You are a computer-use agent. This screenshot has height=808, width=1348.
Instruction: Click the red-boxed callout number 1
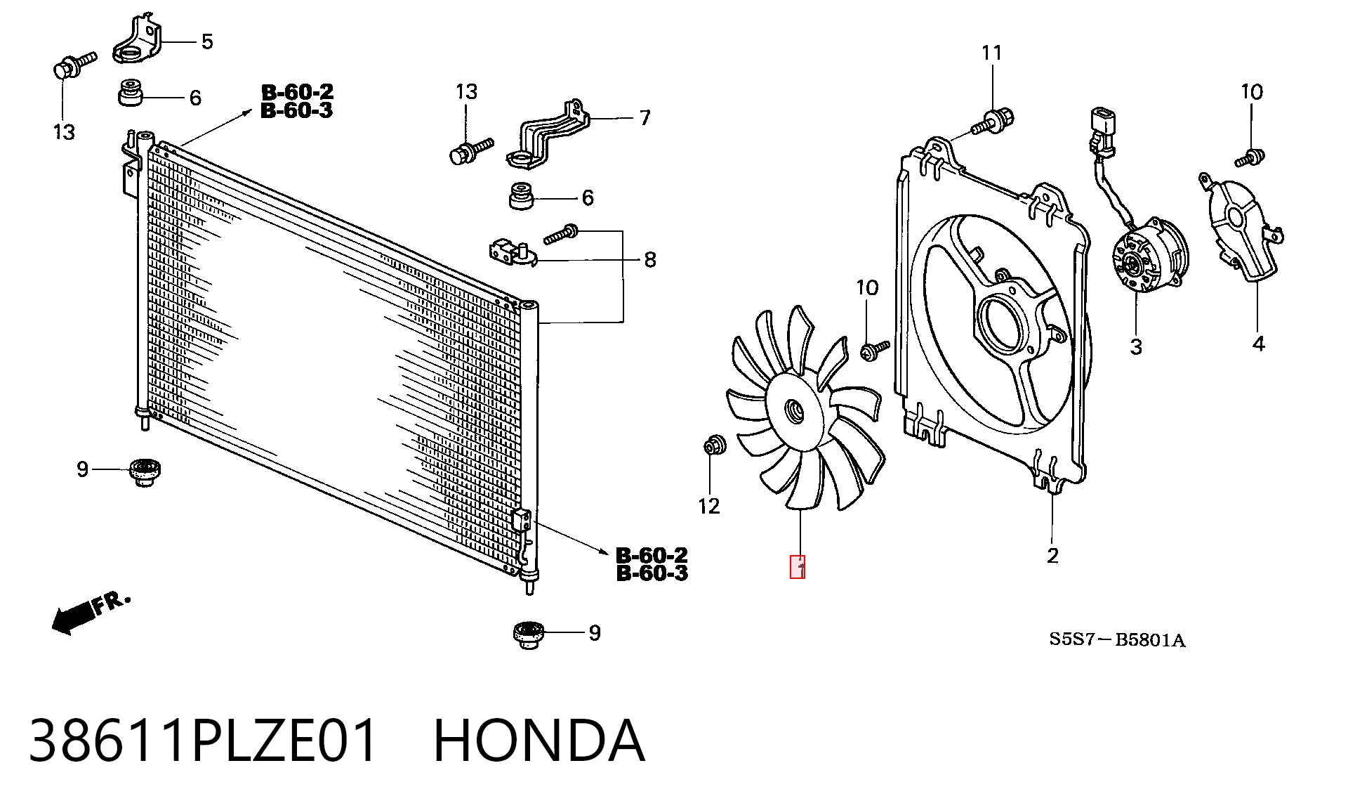point(798,567)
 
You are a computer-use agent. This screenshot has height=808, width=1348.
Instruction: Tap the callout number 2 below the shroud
point(1052,556)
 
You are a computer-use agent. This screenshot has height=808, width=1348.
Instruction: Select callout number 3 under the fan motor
point(1136,346)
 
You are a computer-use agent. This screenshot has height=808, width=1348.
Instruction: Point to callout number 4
point(1259,344)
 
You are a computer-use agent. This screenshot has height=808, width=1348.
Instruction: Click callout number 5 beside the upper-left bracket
point(207,41)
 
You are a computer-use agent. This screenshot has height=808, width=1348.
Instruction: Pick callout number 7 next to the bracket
point(645,117)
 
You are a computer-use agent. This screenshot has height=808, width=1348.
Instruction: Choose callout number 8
point(650,260)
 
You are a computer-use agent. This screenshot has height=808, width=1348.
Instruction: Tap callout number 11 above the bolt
point(991,53)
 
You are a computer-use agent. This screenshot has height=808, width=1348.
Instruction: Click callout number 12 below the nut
point(709,506)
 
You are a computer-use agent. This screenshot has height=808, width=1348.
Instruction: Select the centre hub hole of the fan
point(794,410)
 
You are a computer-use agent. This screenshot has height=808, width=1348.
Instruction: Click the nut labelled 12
point(715,445)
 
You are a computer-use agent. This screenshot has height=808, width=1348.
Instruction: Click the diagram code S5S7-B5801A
point(1117,639)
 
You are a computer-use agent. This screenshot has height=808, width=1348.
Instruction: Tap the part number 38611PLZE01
point(203,741)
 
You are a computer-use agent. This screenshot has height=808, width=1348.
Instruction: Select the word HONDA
point(538,741)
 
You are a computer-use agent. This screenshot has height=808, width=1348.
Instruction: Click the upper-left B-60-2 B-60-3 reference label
point(297,101)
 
